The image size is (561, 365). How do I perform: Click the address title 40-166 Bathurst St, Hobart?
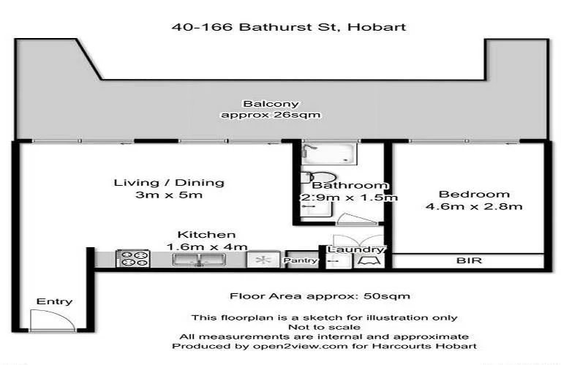[x=288, y=28]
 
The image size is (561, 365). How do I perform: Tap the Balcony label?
[x=271, y=104]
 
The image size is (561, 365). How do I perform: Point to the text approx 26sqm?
[x=271, y=115]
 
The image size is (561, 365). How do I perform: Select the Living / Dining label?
[x=169, y=182]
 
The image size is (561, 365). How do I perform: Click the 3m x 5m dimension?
[x=169, y=195]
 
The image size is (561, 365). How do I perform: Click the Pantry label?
[x=301, y=260]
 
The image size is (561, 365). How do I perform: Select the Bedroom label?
[x=473, y=194]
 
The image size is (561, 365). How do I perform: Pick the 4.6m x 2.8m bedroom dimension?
[x=473, y=206]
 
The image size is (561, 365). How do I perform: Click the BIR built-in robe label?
[x=465, y=260]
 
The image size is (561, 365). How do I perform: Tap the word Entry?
[x=54, y=301]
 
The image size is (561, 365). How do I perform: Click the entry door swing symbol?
[x=48, y=320]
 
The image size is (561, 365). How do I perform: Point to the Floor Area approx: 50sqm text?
[x=320, y=296]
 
